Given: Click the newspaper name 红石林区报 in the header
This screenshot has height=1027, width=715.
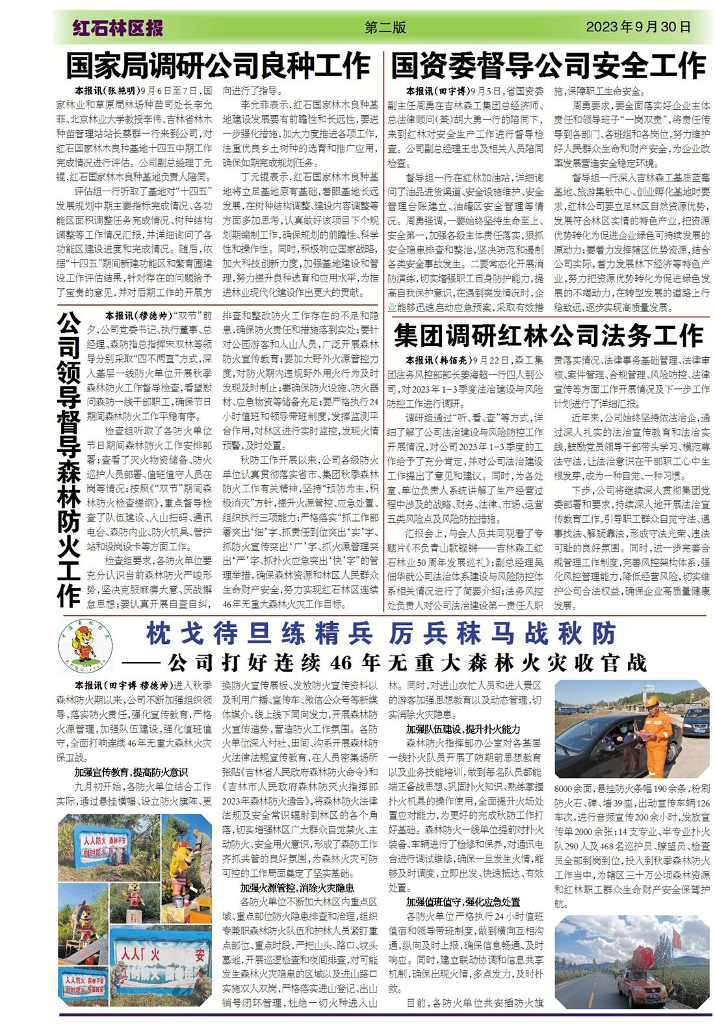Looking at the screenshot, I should [x=117, y=28].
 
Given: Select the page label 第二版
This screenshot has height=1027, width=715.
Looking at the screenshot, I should [x=385, y=27].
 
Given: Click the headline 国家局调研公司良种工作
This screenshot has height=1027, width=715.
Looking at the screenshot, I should [x=218, y=66].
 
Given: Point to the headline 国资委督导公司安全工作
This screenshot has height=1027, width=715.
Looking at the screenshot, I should [x=548, y=66].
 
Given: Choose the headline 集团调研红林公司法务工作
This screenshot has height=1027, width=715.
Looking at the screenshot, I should [x=548, y=336].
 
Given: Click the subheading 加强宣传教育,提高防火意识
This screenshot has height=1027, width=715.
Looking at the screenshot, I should [x=126, y=772].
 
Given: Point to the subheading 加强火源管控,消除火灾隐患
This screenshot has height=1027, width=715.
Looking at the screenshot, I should [x=296, y=887].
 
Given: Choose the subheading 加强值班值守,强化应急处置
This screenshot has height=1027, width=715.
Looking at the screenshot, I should [x=463, y=901].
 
